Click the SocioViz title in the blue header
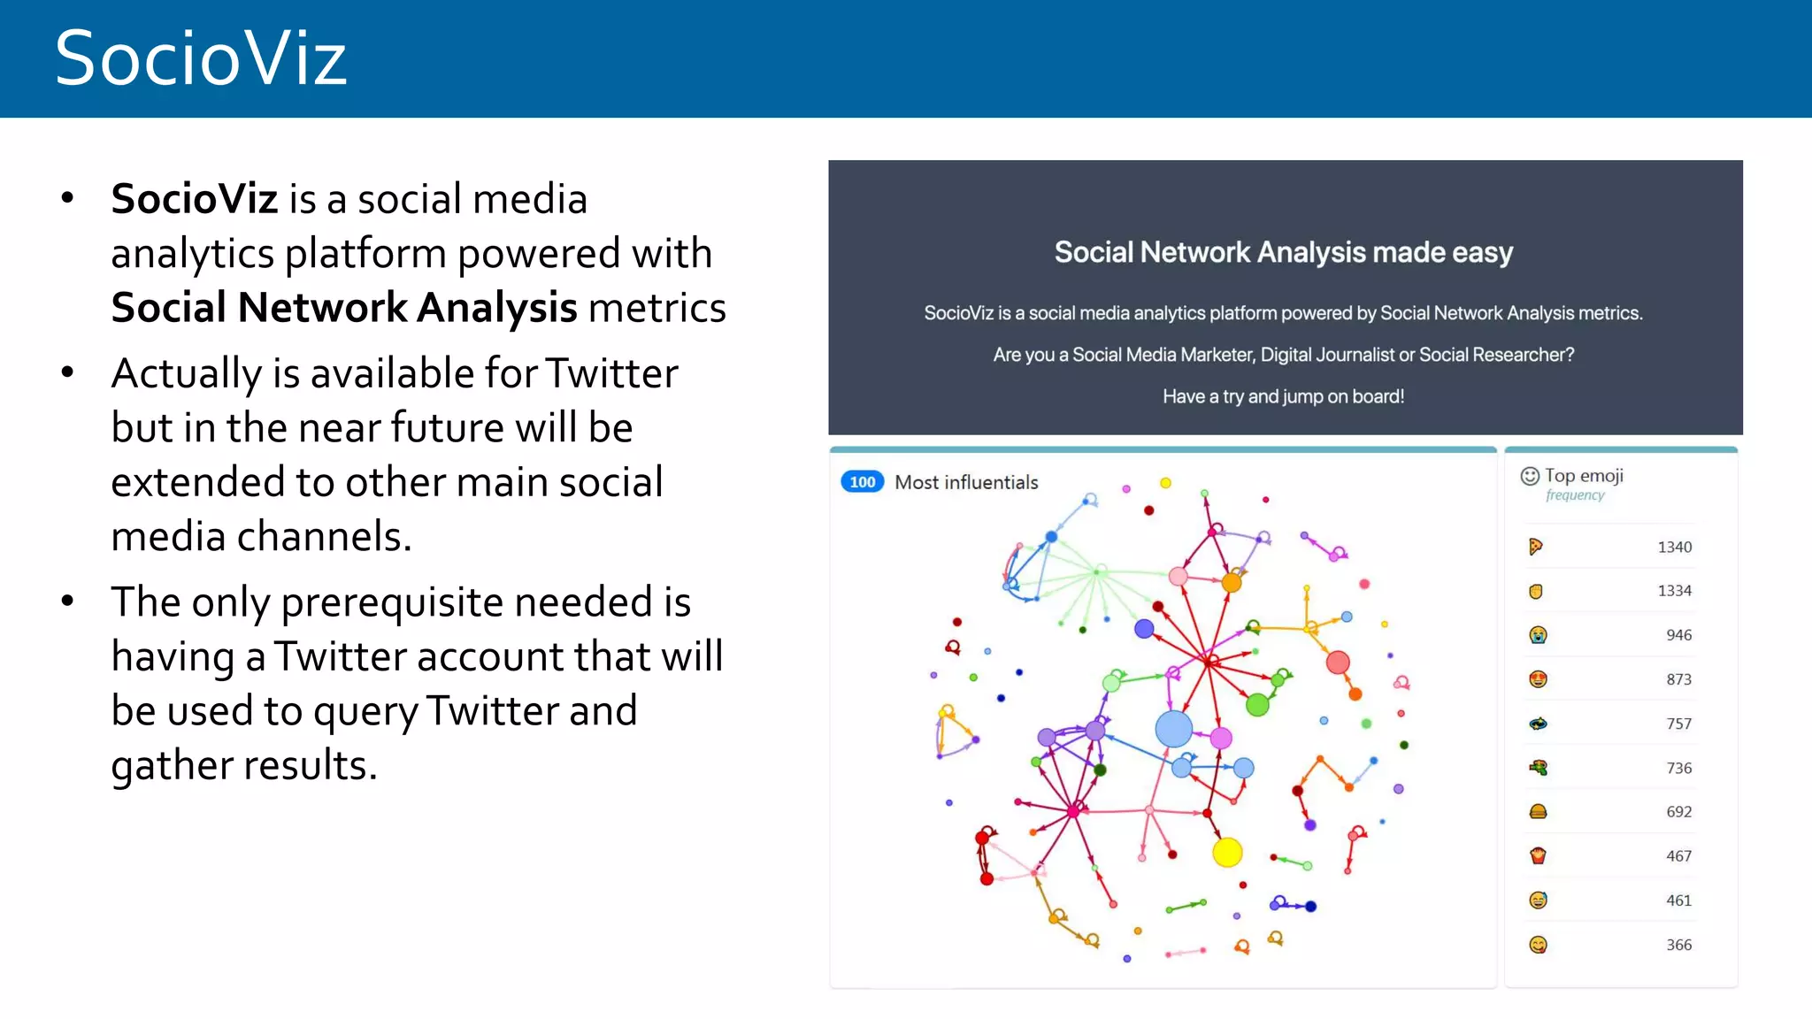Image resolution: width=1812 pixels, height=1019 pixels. (x=201, y=58)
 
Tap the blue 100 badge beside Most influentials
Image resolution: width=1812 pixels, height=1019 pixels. (x=862, y=482)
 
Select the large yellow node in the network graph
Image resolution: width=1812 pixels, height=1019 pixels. (x=1227, y=852)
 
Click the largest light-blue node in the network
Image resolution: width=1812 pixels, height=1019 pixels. (x=1174, y=729)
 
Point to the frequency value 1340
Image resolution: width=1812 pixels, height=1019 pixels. (x=1674, y=548)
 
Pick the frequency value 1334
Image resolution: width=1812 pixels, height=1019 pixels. (x=1674, y=591)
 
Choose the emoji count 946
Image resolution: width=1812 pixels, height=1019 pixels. (x=1678, y=635)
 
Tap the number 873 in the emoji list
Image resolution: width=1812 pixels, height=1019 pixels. (x=1678, y=679)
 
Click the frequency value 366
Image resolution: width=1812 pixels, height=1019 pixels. (x=1678, y=945)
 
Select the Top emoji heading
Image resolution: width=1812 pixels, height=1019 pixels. (x=1584, y=476)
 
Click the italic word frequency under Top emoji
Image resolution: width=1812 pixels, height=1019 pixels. (x=1575, y=495)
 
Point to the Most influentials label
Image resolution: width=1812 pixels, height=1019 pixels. (x=966, y=482)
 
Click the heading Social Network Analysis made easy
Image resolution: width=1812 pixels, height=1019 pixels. (x=1284, y=253)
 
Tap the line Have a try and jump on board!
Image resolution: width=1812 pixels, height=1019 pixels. (x=1284, y=396)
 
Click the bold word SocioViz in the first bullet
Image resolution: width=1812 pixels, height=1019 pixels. (x=195, y=198)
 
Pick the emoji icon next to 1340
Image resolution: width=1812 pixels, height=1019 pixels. (x=1536, y=547)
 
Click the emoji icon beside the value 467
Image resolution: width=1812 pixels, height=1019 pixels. (x=1538, y=855)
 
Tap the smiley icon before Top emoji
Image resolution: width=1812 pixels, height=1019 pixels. (x=1530, y=476)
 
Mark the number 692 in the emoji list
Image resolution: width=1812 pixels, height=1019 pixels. (x=1678, y=812)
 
